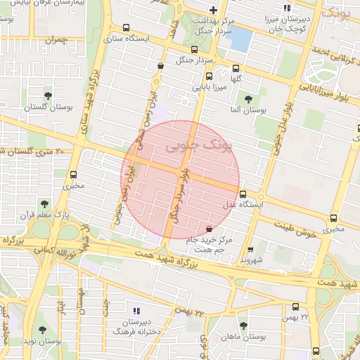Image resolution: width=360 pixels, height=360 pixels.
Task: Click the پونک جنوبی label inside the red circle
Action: [x=191, y=146]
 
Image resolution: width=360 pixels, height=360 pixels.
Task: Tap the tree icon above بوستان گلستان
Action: [x=48, y=96]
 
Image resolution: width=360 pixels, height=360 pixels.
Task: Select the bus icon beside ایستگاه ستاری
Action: [x=125, y=28]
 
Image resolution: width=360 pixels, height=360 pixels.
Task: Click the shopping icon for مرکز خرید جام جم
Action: [x=209, y=229]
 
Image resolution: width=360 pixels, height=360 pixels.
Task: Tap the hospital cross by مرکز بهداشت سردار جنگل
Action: [x=213, y=10]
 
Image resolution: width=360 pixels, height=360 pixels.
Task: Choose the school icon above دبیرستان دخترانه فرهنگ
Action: [x=136, y=310]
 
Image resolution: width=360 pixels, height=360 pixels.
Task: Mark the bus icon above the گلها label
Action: [x=236, y=69]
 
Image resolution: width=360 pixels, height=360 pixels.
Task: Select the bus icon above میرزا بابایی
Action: [x=208, y=77]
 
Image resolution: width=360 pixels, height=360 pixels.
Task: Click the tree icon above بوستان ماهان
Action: [x=243, y=326]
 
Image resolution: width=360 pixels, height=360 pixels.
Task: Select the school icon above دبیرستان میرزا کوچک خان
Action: [x=285, y=8]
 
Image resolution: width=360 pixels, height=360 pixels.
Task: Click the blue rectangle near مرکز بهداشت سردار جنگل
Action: [x=240, y=39]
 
